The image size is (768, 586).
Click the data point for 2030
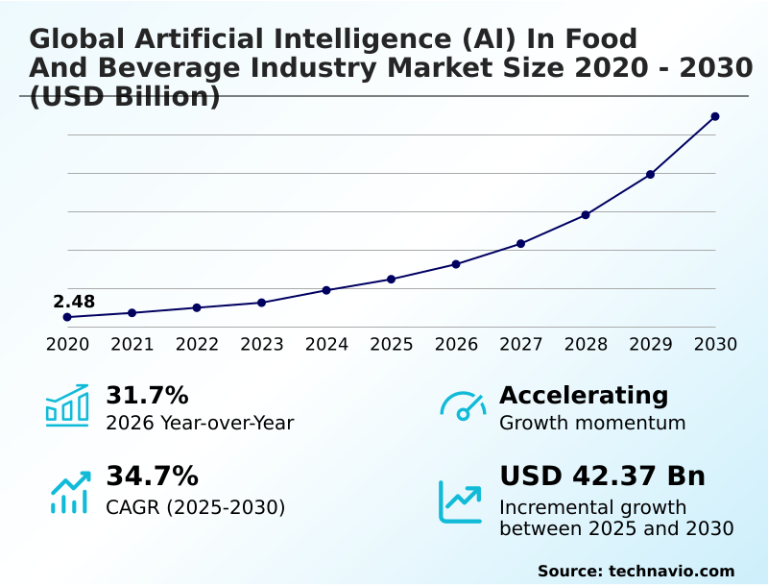pyautogui.click(x=715, y=116)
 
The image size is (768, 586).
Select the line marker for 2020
pyautogui.click(x=67, y=317)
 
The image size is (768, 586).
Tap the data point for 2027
pyautogui.click(x=520, y=243)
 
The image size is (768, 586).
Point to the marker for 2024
pyautogui.click(x=326, y=290)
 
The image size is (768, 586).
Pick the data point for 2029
pyautogui.click(x=650, y=174)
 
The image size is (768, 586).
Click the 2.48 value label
pyautogui.click(x=74, y=302)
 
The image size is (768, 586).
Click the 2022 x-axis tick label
pyautogui.click(x=197, y=344)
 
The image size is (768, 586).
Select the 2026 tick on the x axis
pyautogui.click(x=456, y=344)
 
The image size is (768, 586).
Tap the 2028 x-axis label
pyautogui.click(x=586, y=344)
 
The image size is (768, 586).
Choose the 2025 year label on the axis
pyautogui.click(x=392, y=344)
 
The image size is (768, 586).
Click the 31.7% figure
pyautogui.click(x=147, y=395)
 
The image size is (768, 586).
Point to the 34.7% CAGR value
pyautogui.click(x=152, y=476)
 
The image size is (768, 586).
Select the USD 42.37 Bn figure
pyautogui.click(x=602, y=476)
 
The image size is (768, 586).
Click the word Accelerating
pyautogui.click(x=584, y=395)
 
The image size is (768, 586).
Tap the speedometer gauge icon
pyautogui.click(x=462, y=406)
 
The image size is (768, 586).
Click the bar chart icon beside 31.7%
pyautogui.click(x=67, y=405)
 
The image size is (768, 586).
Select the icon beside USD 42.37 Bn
pyautogui.click(x=461, y=501)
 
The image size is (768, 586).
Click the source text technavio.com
pyautogui.click(x=671, y=571)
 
